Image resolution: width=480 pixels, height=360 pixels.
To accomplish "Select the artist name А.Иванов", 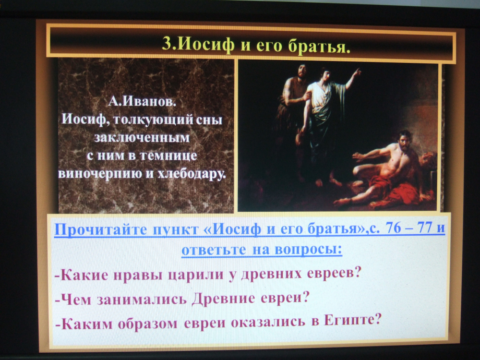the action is pos(143,101).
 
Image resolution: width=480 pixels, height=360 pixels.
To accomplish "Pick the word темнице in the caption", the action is pos(168,156).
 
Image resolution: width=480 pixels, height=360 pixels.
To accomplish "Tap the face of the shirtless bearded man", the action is pos(404,140).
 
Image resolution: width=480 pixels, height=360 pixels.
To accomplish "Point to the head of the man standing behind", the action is pos(302,71).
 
